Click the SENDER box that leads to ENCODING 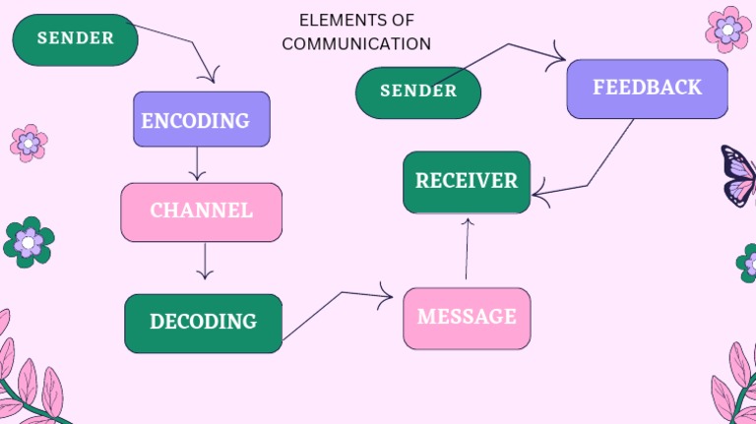[75, 39]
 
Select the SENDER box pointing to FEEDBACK [417, 91]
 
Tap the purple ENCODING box [201, 120]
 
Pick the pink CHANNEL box [201, 212]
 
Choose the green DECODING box [203, 323]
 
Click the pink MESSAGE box [467, 318]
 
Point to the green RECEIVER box [467, 181]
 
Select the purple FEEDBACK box [647, 89]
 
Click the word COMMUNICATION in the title [356, 44]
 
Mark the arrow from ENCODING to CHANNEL [197, 163]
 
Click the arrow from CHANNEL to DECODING [204, 261]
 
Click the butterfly [739, 175]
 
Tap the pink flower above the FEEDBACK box [728, 29]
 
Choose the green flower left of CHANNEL [29, 242]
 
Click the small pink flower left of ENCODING [29, 144]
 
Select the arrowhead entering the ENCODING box [209, 76]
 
